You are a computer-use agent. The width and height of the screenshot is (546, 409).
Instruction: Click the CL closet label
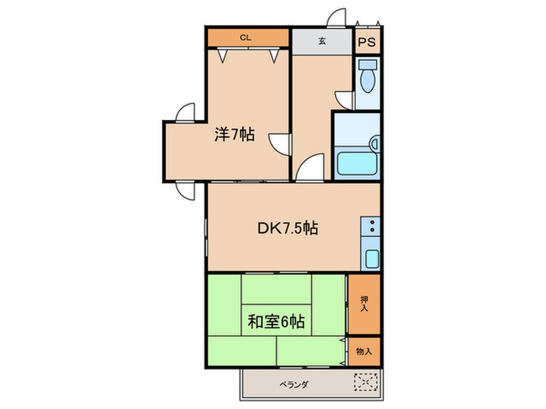pos(245,37)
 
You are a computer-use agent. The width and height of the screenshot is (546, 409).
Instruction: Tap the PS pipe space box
pos(367,41)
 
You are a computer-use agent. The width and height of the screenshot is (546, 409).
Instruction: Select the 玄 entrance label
pos(321,41)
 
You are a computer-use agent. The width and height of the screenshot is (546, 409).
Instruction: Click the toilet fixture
pos(367,78)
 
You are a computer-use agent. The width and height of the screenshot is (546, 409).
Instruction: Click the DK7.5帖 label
pos(288,228)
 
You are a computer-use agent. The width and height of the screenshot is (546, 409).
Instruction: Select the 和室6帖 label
pos(277,320)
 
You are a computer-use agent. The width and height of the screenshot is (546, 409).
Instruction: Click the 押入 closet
pos(364,303)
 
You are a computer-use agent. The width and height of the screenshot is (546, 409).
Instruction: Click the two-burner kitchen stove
pos(370,227)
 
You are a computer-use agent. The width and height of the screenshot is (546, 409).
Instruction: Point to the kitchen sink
pos(371,259)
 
